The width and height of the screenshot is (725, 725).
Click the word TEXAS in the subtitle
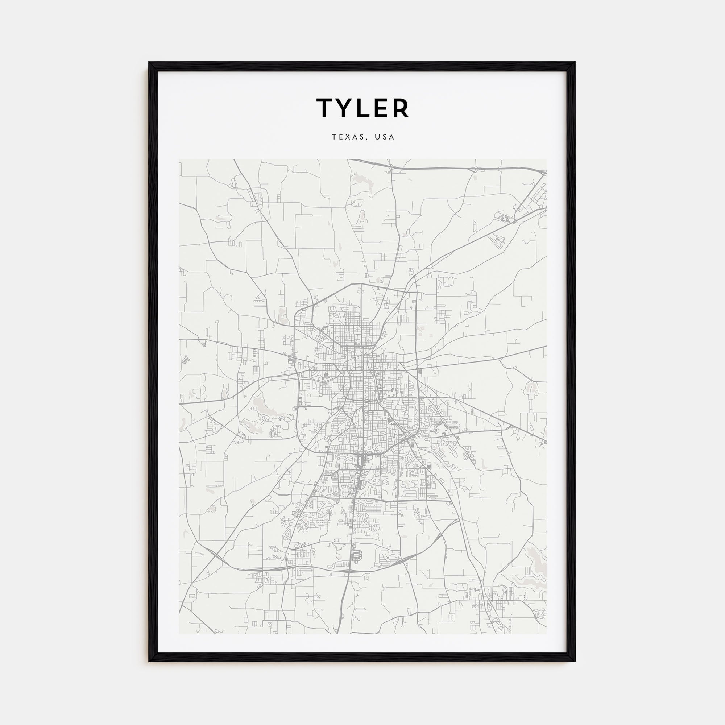pyautogui.click(x=347, y=137)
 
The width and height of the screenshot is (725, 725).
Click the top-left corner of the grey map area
pyautogui.click(x=179, y=160)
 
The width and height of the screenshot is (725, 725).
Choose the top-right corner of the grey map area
pyautogui.click(x=546, y=160)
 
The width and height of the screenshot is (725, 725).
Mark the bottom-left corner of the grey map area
pyautogui.click(x=179, y=634)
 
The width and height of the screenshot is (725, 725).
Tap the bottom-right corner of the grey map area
pyautogui.click(x=546, y=634)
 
